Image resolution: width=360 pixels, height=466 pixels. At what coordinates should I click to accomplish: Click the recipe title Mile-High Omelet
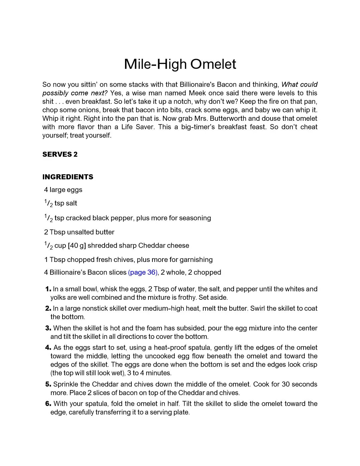click(180, 64)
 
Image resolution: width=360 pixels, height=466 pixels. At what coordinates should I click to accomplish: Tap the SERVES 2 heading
click(60, 154)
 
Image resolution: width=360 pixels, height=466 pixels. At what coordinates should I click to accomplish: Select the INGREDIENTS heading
click(68, 177)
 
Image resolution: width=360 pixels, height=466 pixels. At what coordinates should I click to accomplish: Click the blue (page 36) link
click(142, 272)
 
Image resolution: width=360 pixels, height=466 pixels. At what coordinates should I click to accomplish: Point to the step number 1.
click(48, 289)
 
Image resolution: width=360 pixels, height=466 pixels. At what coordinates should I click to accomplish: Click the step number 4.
click(48, 348)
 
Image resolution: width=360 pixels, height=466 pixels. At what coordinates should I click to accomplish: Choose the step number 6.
click(48, 404)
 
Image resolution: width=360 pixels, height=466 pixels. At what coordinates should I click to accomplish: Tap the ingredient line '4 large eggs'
click(63, 190)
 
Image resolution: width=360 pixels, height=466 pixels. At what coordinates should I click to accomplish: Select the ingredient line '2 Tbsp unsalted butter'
click(79, 232)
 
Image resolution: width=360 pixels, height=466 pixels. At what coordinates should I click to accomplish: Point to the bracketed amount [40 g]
click(77, 246)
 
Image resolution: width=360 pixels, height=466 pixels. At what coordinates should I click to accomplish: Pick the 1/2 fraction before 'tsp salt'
click(48, 203)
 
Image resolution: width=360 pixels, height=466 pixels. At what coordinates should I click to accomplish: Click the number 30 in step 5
click(286, 384)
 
